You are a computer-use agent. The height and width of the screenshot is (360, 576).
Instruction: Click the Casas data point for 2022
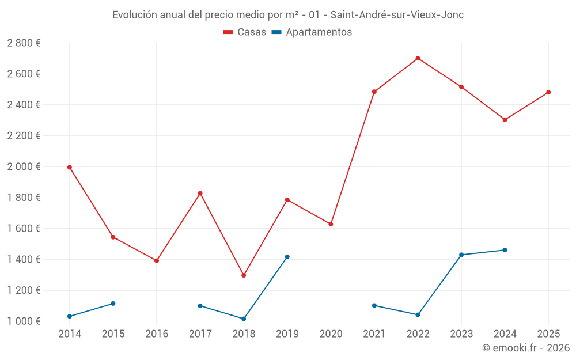418,58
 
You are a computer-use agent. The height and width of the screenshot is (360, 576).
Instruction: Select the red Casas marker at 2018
244,275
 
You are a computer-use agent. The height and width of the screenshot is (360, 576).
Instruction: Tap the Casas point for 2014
70,167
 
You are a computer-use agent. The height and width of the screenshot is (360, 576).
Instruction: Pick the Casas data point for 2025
548,92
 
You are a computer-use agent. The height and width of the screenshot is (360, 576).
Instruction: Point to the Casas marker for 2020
331,224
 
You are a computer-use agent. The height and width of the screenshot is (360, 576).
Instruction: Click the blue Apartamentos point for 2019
287,257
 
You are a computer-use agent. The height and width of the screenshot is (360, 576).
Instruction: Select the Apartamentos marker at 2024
505,250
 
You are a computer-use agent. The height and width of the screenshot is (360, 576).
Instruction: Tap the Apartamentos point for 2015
113,304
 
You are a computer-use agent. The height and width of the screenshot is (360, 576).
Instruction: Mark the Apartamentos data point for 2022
418,315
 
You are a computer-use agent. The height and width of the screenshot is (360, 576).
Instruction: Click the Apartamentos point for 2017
200,306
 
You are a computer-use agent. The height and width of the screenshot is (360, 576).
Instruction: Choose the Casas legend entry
245,32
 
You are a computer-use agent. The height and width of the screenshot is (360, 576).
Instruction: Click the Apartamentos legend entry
312,32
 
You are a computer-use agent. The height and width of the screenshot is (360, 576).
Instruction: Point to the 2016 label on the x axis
157,334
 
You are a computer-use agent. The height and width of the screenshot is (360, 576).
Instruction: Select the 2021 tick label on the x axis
374,334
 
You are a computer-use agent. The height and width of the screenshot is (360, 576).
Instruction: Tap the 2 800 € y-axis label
24,43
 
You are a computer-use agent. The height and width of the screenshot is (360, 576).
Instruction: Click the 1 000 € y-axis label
24,321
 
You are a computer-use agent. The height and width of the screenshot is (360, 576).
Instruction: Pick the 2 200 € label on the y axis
24,136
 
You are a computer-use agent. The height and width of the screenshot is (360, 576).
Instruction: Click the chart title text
288,15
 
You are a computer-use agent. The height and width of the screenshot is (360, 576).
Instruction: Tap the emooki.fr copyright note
526,348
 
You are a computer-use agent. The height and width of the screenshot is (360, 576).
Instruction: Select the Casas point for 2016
157,261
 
